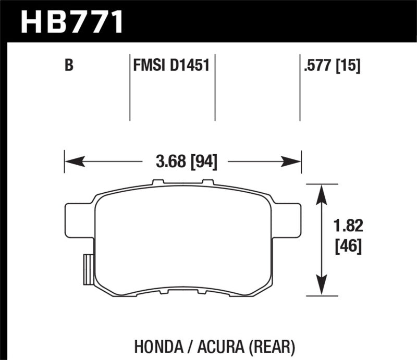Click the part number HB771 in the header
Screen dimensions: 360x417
[71, 21]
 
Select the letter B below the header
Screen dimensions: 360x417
[68, 66]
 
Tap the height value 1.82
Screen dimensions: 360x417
[348, 227]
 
